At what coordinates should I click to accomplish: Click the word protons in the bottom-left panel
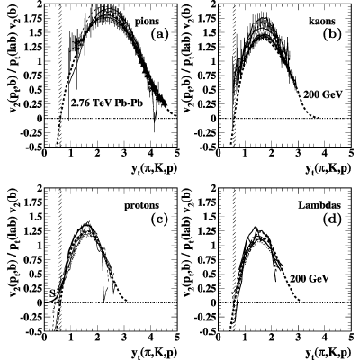tap(142, 205)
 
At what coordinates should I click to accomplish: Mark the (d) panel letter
tap(332, 219)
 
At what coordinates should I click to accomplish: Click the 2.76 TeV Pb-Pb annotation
tap(106, 103)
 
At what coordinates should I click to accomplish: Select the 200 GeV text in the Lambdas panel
tap(310, 279)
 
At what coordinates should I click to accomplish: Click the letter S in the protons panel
tap(52, 292)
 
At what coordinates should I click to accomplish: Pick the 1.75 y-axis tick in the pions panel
tap(32, 19)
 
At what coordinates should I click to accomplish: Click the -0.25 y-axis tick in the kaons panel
tap(205, 133)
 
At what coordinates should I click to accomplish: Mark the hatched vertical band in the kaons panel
tap(234, 75)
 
